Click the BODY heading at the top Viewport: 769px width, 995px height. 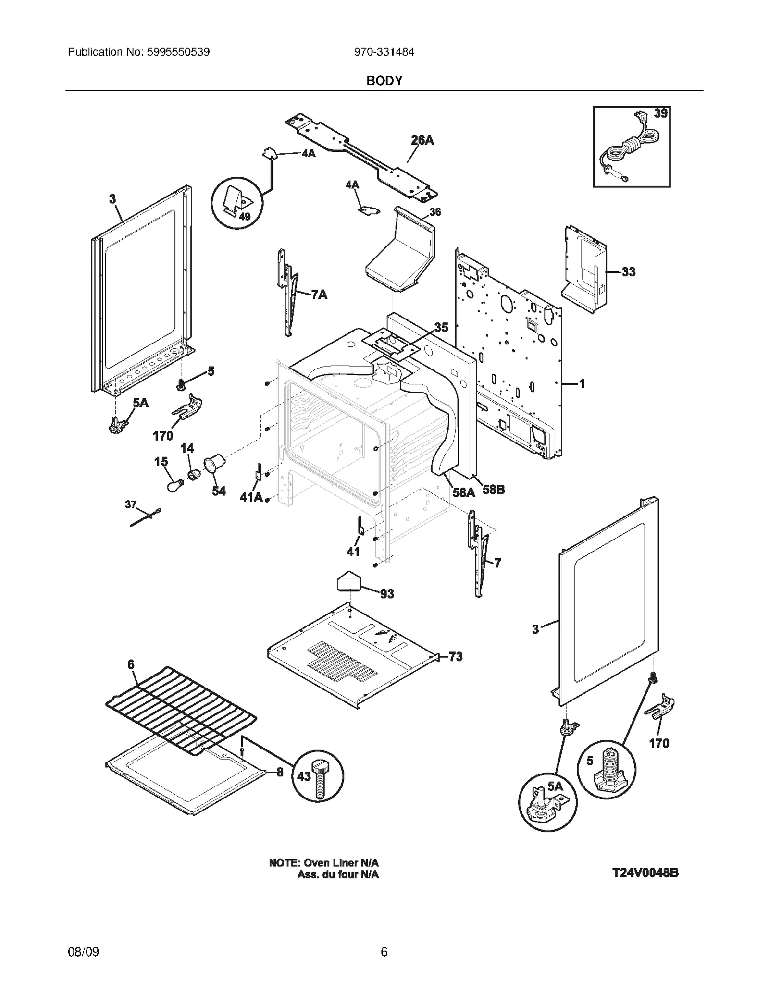(384, 81)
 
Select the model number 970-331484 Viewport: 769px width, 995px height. (384, 52)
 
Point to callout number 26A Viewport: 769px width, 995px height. (422, 140)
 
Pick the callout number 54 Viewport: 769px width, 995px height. (219, 491)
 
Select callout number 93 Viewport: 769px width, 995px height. (387, 594)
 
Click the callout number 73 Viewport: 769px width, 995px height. (455, 656)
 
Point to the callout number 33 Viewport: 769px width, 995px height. (628, 272)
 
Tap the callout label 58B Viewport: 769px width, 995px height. (494, 490)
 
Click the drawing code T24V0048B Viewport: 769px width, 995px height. (645, 872)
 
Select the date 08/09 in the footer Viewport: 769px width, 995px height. (84, 951)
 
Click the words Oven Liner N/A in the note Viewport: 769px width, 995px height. (341, 863)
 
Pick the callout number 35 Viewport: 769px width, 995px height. (441, 328)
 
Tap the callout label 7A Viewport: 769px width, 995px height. (319, 295)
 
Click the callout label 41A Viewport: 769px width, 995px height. (251, 497)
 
